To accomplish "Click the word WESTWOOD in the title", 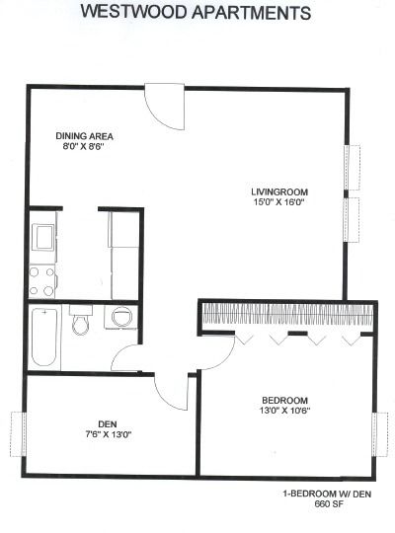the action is [134, 12].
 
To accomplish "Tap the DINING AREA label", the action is [84, 136].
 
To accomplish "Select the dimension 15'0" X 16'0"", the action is [278, 202].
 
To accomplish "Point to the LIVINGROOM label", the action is [279, 191].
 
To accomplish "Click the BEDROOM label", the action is [284, 400].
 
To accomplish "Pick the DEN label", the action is [108, 423].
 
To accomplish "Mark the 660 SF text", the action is [327, 504].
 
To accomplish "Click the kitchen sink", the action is [42, 237].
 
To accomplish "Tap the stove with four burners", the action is [42, 281].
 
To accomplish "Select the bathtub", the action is [44, 338].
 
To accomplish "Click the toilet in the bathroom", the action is [81, 320].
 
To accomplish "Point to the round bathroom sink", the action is [120, 317].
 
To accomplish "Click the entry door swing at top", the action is [165, 107].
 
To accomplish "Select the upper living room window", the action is [353, 167].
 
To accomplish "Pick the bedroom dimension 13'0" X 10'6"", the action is [284, 411].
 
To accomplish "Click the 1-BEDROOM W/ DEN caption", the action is [327, 494].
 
